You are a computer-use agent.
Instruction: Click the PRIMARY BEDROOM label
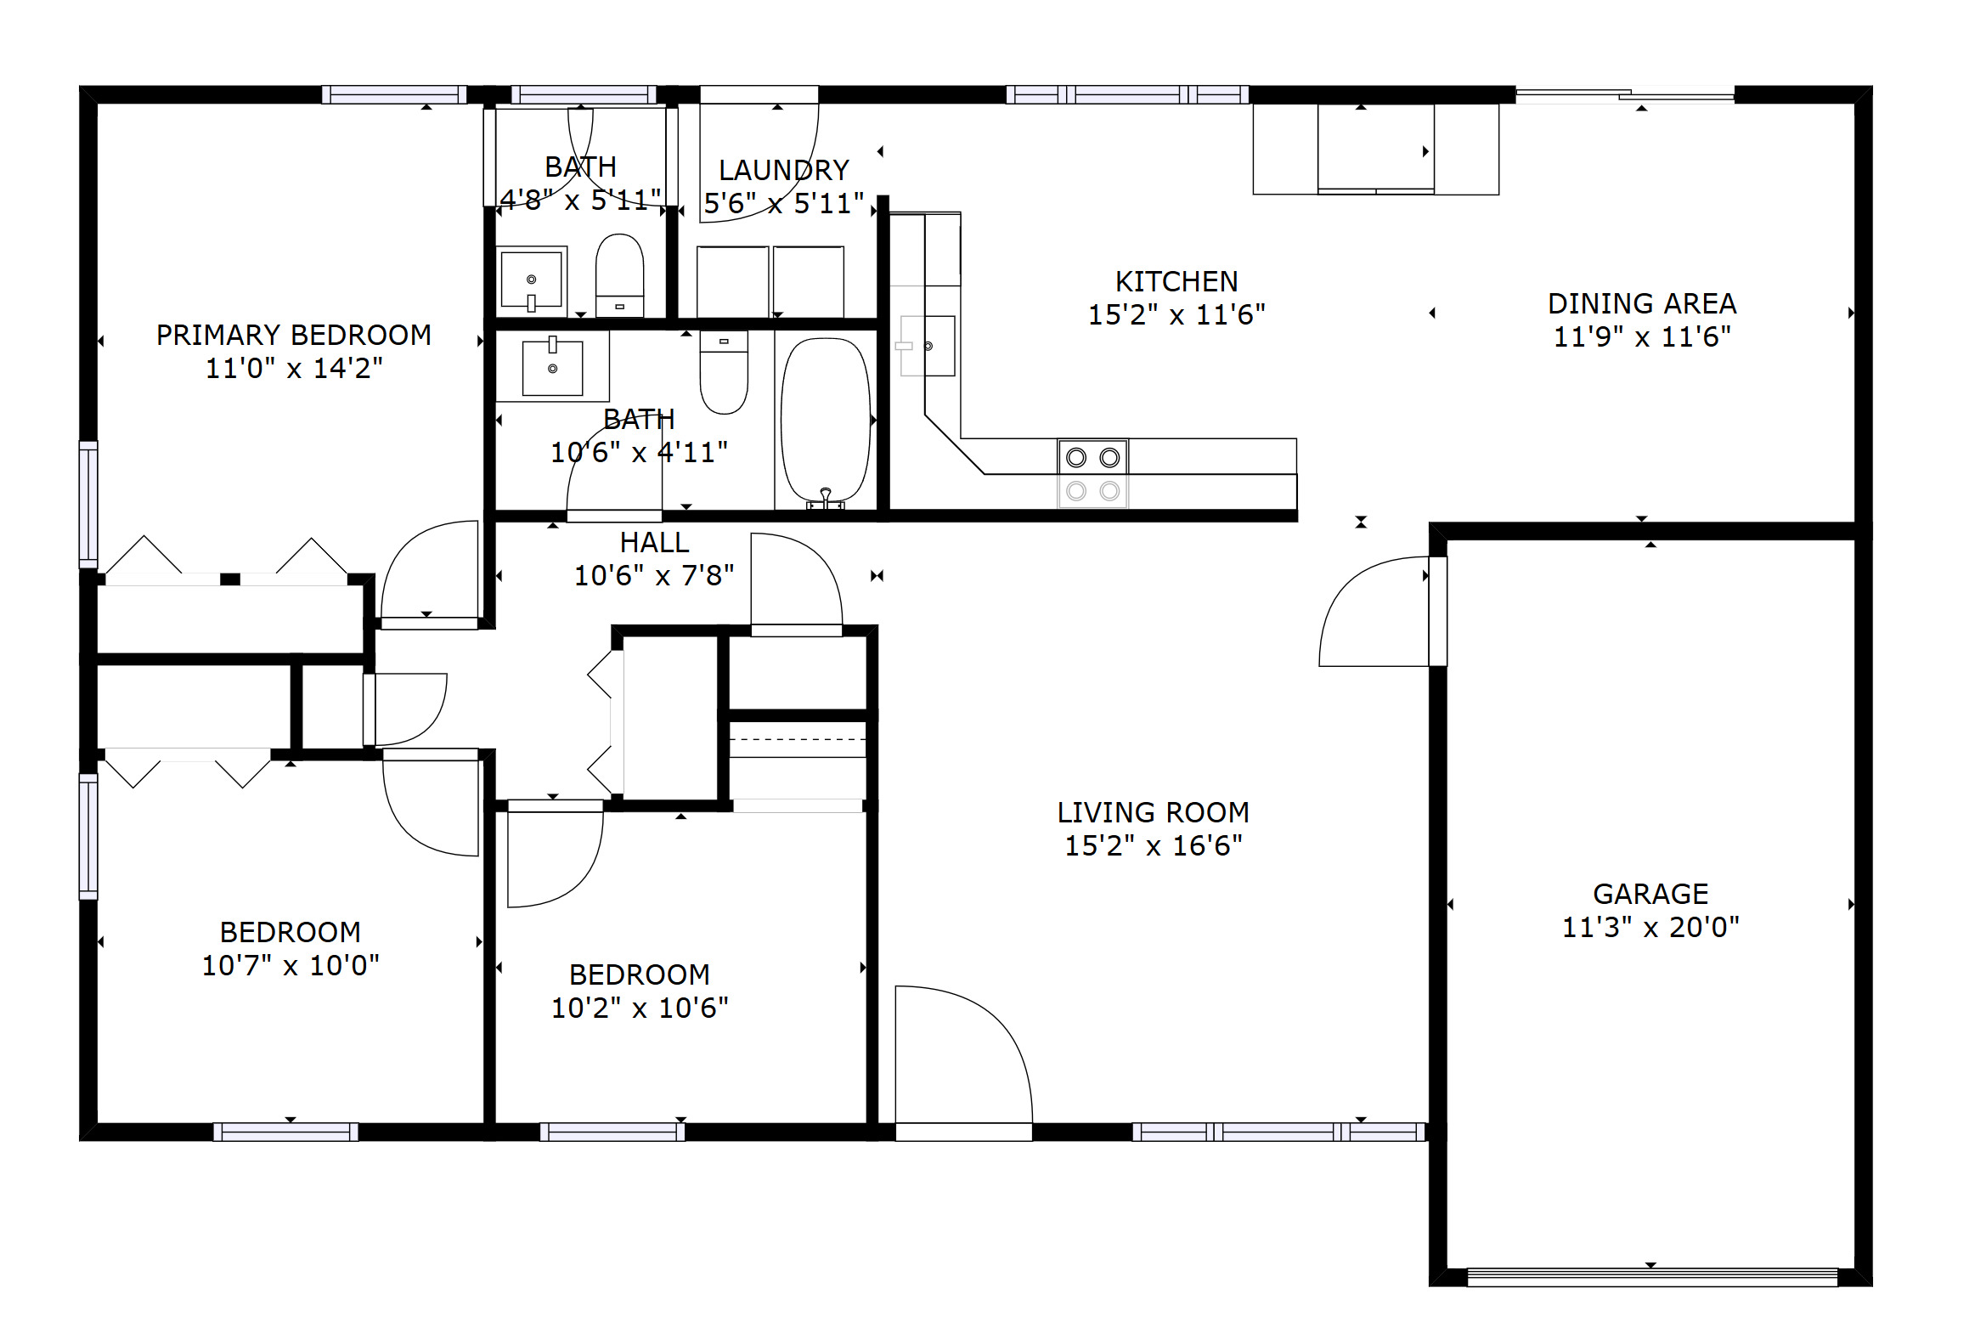(x=293, y=335)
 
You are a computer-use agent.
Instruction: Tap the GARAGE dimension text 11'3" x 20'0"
(x=1650, y=927)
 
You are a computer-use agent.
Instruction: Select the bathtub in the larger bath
(x=825, y=420)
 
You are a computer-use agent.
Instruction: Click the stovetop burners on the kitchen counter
(x=1092, y=473)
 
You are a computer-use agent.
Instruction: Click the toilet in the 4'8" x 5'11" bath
(x=619, y=274)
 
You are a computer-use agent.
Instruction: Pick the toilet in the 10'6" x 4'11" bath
(x=723, y=371)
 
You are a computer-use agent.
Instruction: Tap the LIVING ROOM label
(x=1153, y=813)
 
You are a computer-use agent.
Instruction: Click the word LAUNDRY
(x=783, y=171)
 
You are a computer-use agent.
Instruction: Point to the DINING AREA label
(x=1641, y=303)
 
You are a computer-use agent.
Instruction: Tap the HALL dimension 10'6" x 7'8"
(x=653, y=575)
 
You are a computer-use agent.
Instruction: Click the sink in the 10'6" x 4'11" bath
(x=552, y=367)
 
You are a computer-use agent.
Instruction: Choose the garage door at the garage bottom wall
(x=1651, y=1277)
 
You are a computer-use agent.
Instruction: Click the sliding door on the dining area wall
(x=1624, y=95)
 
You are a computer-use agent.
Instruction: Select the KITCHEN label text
(x=1176, y=281)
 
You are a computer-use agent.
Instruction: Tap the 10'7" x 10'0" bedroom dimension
(x=290, y=965)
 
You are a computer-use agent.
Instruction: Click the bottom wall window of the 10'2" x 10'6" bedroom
(x=612, y=1132)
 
